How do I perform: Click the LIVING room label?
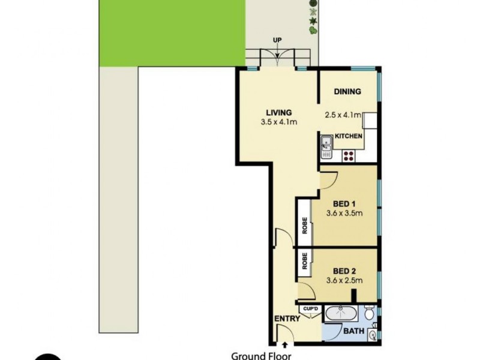coord(279,112)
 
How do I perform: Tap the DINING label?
coord(347,92)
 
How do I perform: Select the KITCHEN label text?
coord(349,137)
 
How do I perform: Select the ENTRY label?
coord(287,319)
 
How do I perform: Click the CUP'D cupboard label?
coord(310,308)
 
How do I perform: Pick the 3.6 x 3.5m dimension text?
coord(345,213)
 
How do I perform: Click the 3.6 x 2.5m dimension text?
coord(345,280)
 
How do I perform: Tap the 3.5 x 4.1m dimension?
coord(279,122)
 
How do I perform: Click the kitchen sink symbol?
coord(326,145)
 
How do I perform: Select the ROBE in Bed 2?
coord(305,263)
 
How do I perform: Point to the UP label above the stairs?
coord(278,41)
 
